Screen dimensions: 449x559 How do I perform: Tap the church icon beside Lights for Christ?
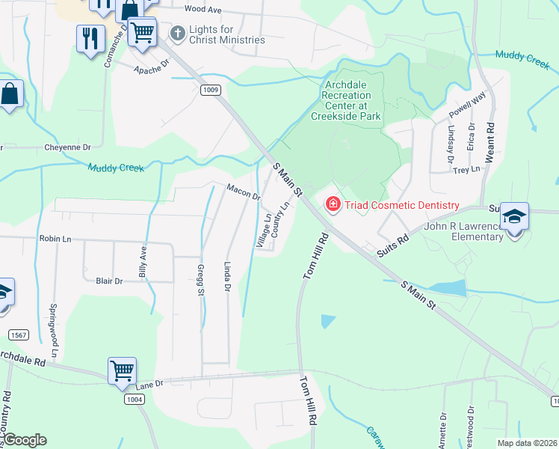pyautogui.click(x=178, y=33)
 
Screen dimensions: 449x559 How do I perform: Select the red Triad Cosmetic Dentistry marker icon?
pyautogui.click(x=331, y=204)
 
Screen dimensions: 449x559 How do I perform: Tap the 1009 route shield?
pyautogui.click(x=211, y=90)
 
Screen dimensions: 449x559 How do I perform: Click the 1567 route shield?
pyautogui.click(x=20, y=334)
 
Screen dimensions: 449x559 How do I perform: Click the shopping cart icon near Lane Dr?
pyautogui.click(x=122, y=370)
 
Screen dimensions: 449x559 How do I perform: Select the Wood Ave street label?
pyautogui.click(x=203, y=10)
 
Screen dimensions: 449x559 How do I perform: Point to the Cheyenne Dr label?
pyautogui.click(x=67, y=147)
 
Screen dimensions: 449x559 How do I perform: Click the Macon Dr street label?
pyautogui.click(x=243, y=192)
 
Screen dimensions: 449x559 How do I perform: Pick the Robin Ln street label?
pyautogui.click(x=56, y=239)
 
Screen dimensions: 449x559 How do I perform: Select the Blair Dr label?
pyautogui.click(x=108, y=281)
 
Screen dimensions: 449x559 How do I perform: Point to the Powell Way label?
pyautogui.click(x=467, y=103)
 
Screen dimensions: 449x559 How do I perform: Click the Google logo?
pyautogui.click(x=25, y=440)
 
